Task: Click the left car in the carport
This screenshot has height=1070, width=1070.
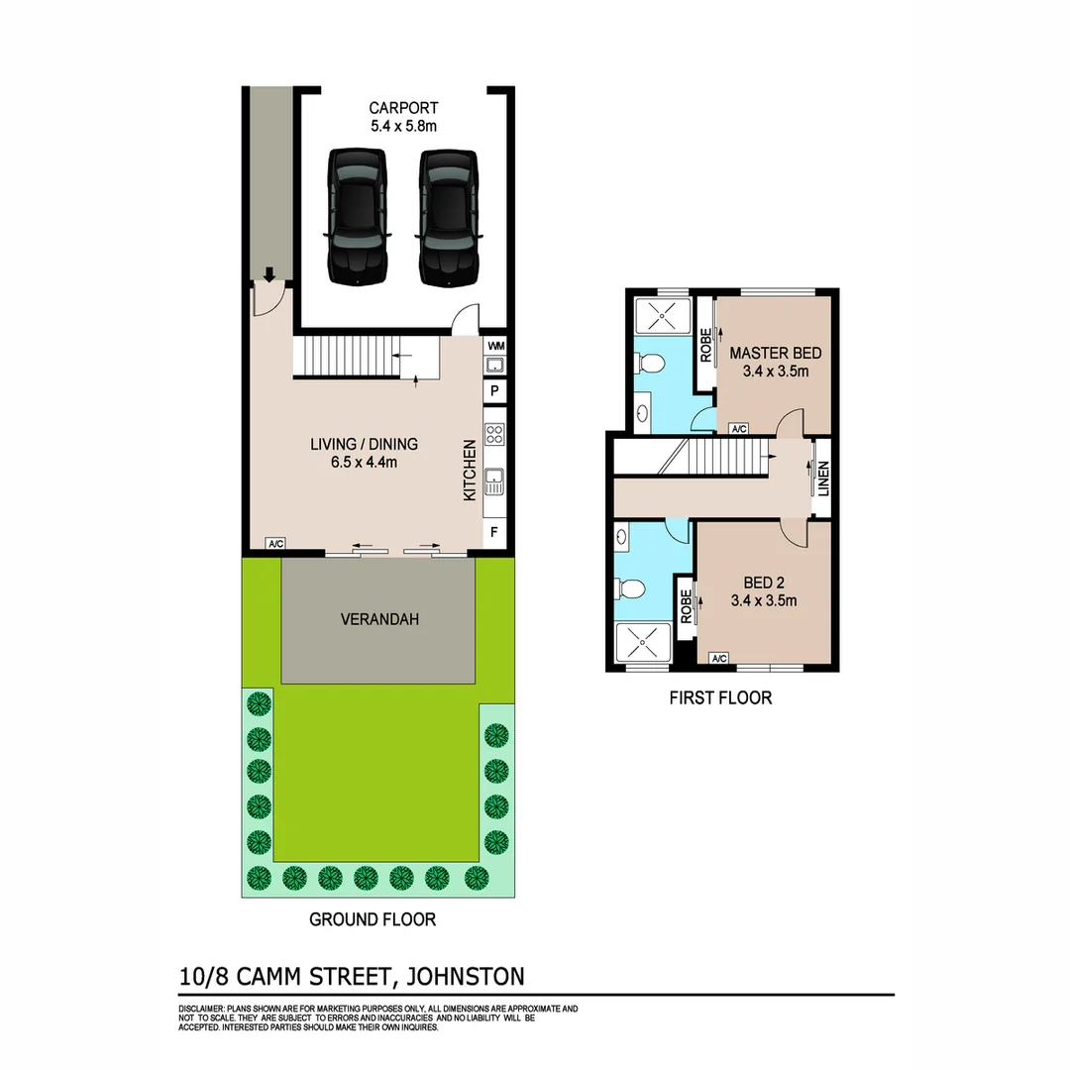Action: coord(357,217)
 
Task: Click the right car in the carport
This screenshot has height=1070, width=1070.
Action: coord(449,217)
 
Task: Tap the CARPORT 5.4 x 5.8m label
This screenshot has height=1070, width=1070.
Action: coord(403,117)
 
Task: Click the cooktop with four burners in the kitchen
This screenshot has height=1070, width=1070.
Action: coord(495,434)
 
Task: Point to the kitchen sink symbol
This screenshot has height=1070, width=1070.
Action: coord(495,482)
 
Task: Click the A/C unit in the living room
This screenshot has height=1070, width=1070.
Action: coord(276,544)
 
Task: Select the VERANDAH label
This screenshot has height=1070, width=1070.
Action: coord(379,619)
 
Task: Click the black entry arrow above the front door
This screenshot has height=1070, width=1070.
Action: coord(268,274)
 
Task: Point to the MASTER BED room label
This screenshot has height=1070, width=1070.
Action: coord(775,353)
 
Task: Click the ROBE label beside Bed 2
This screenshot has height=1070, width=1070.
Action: coord(685,605)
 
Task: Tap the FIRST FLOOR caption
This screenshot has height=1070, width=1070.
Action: coord(720,697)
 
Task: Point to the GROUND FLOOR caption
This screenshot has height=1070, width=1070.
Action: coord(373,919)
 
